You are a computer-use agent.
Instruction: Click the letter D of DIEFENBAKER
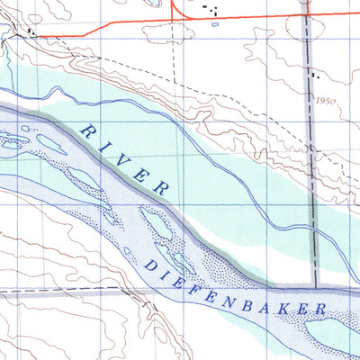(x=148, y=265)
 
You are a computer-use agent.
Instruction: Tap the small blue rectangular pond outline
(x=213, y=25)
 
